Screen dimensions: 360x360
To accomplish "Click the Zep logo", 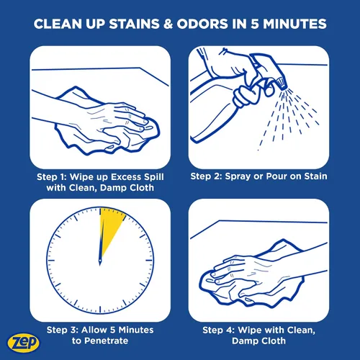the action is tap(23, 343).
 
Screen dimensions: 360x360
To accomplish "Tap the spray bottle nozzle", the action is tap(281, 84).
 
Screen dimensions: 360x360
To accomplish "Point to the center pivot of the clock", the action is tap(100, 261).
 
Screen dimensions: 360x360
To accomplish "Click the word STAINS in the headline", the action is tap(134, 24).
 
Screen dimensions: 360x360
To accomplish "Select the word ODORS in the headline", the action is tap(202, 24).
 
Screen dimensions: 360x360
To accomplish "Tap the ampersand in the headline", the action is tap(168, 24).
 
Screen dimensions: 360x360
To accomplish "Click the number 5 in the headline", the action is tap(255, 24).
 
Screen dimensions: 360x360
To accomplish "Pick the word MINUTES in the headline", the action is tap(294, 24).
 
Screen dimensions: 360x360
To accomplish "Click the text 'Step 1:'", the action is tap(51, 177).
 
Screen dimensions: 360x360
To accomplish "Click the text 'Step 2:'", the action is tap(206, 176).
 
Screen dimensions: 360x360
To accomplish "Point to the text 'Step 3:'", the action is tap(63, 330).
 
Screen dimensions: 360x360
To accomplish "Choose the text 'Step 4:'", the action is tap(218, 330).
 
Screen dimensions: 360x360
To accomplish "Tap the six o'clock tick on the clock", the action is tap(100, 309).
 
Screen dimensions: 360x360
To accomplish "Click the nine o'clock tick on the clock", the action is tap(51, 261).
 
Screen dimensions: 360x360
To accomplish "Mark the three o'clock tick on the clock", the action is tap(149, 261).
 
